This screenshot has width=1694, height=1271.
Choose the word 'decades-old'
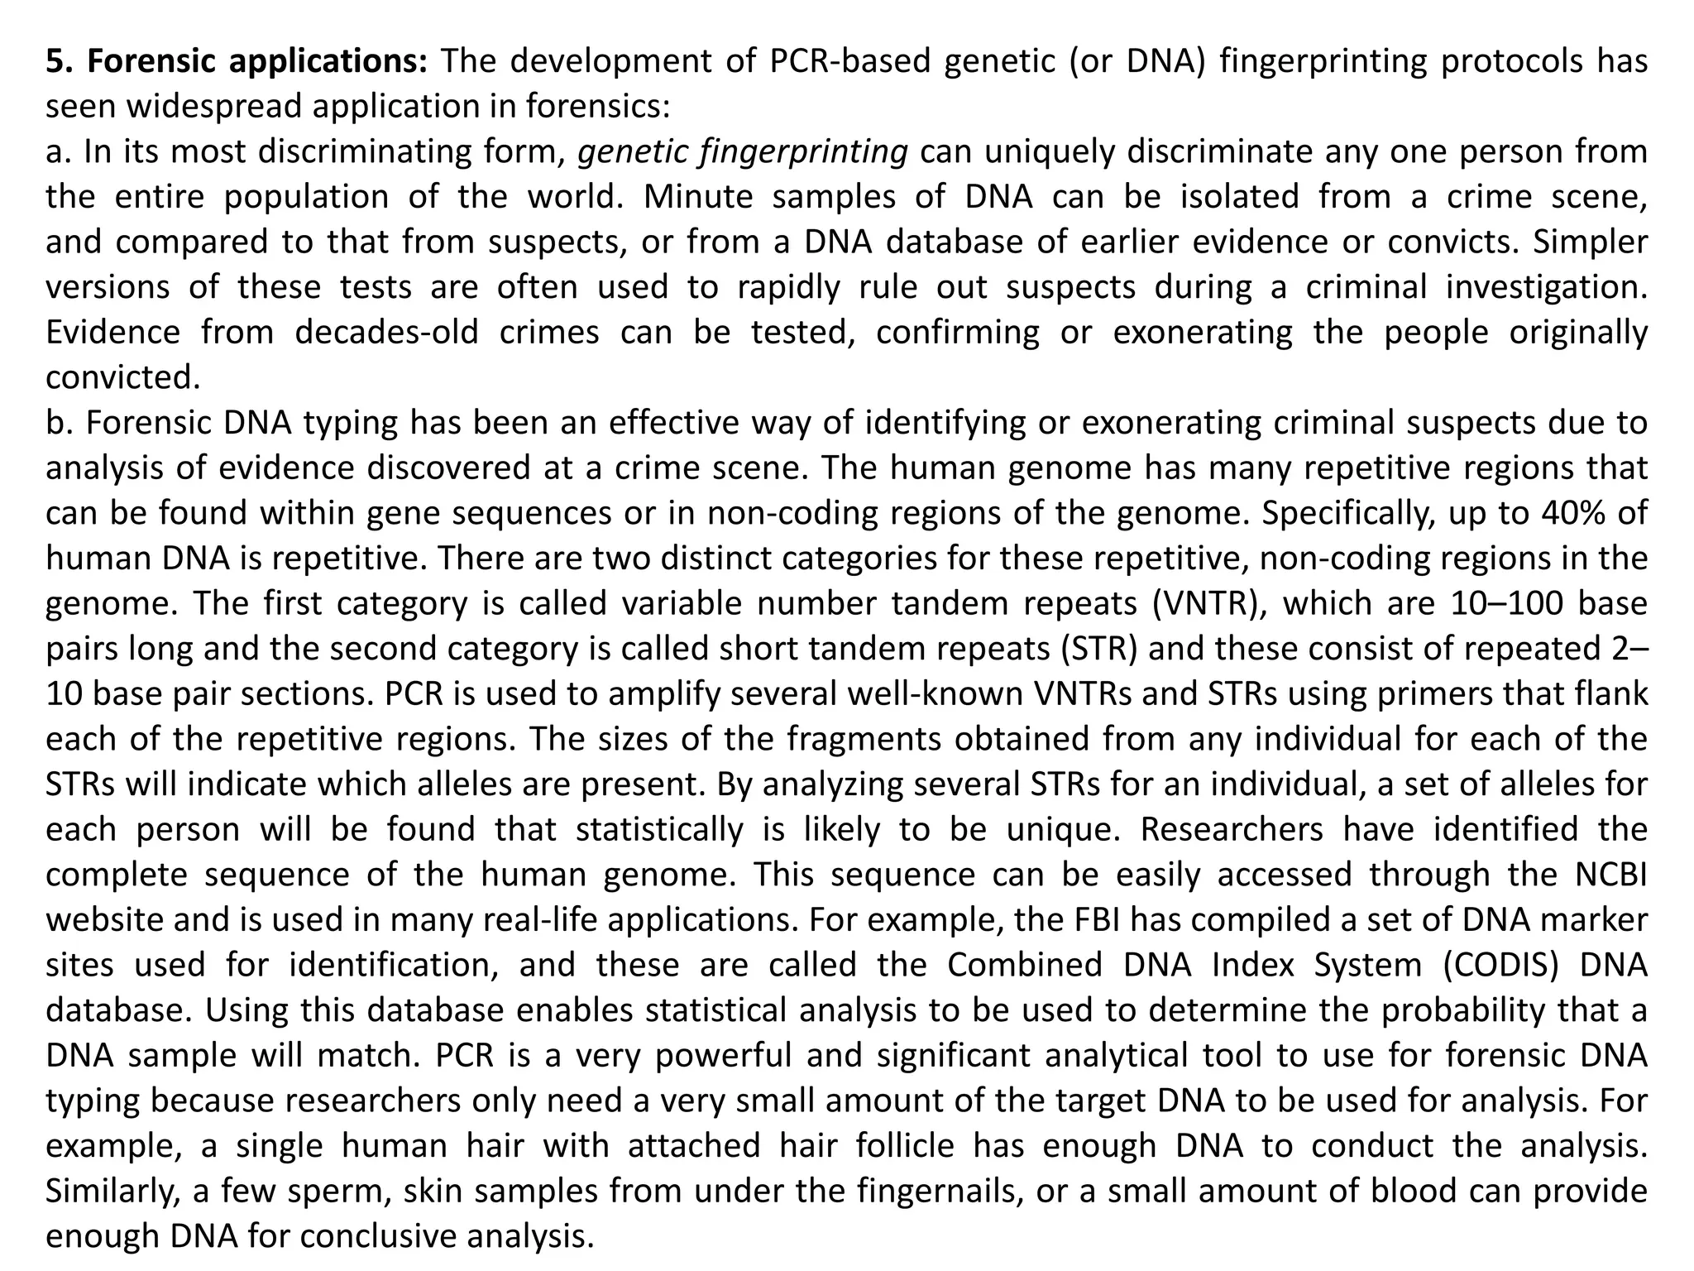(387, 333)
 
